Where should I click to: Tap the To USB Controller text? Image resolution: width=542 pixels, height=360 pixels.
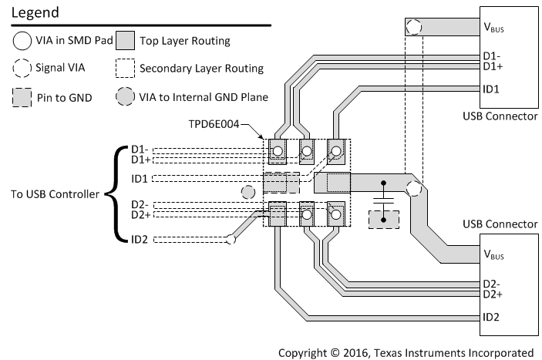[54, 194]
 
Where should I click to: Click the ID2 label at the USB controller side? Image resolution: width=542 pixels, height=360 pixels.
[139, 240]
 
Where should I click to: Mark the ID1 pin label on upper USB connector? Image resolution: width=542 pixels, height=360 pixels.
[490, 89]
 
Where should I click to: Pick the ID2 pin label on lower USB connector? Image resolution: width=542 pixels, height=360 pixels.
[490, 316]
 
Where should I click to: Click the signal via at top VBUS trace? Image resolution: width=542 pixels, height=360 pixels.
[414, 28]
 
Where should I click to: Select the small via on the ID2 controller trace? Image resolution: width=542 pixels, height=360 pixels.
[230, 241]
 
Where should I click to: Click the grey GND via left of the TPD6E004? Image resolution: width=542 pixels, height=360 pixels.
[247, 191]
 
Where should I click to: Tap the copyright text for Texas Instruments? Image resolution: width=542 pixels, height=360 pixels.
[406, 352]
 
